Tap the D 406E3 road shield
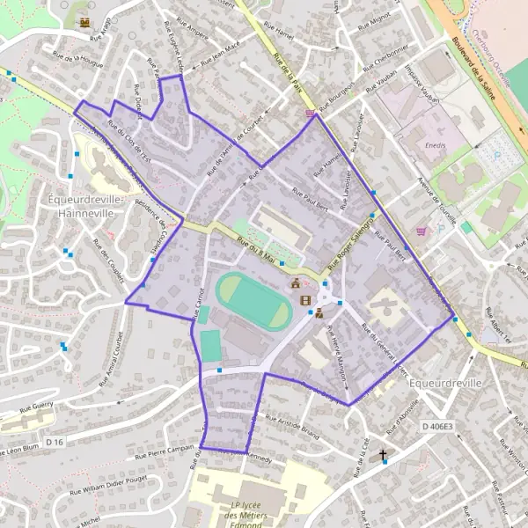pos(436,427)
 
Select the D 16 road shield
pos(55,440)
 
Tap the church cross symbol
pos(383,455)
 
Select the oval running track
pos(254,300)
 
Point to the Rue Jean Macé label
pos(221,57)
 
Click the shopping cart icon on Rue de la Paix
pos(309,113)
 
